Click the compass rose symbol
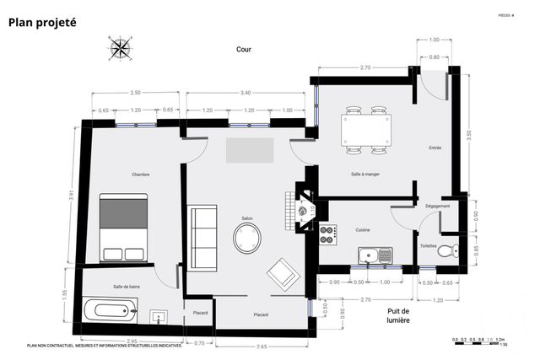[120, 48]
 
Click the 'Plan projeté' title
[42, 23]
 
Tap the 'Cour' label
[244, 49]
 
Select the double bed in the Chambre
[124, 228]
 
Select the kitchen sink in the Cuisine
[374, 255]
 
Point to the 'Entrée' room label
[435, 148]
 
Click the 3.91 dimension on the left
[73, 196]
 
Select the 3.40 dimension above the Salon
[245, 93]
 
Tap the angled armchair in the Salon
[281, 274]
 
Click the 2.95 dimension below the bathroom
[132, 341]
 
